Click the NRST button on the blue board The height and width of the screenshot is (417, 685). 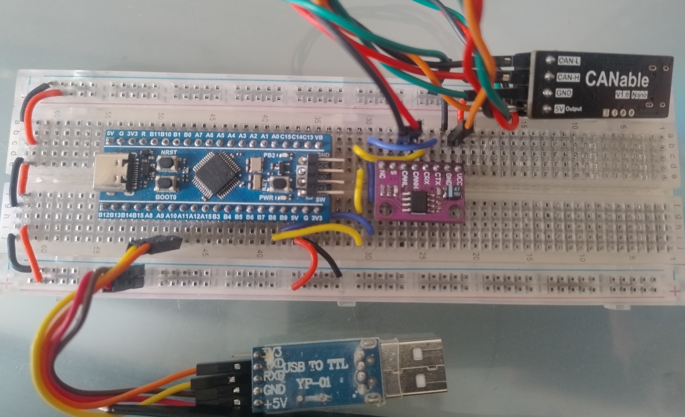point(166,164)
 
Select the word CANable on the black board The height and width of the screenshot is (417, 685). point(617,79)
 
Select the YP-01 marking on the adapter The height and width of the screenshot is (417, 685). point(314,383)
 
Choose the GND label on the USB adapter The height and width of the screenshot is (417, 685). point(275,390)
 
